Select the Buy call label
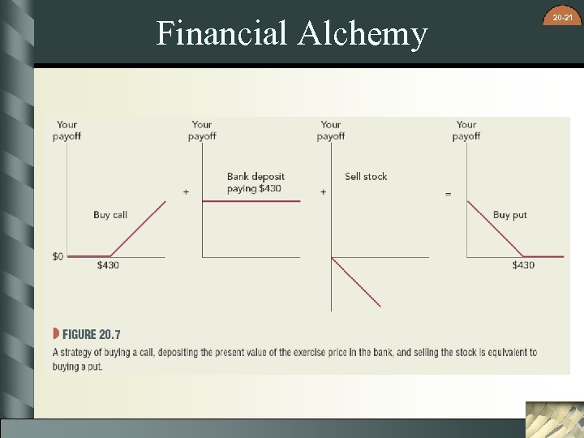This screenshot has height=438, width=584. coord(110,215)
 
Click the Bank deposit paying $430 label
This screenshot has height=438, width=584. coord(255,182)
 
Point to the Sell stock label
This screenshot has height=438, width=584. coord(366,176)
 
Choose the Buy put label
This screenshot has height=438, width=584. coord(510,215)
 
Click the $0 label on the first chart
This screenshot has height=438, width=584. coord(58,257)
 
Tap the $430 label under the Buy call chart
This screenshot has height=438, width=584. coord(108,266)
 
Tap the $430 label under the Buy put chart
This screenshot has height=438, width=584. coord(523,266)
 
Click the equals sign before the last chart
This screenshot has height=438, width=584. coord(448,194)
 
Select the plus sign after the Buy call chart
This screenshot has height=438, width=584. coord(186,192)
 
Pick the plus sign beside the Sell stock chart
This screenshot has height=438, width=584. coord(324,192)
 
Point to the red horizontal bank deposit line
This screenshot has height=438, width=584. coord(251,201)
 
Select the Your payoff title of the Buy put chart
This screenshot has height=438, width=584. coord(466,130)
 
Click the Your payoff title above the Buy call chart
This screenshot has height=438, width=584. coord(67,130)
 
